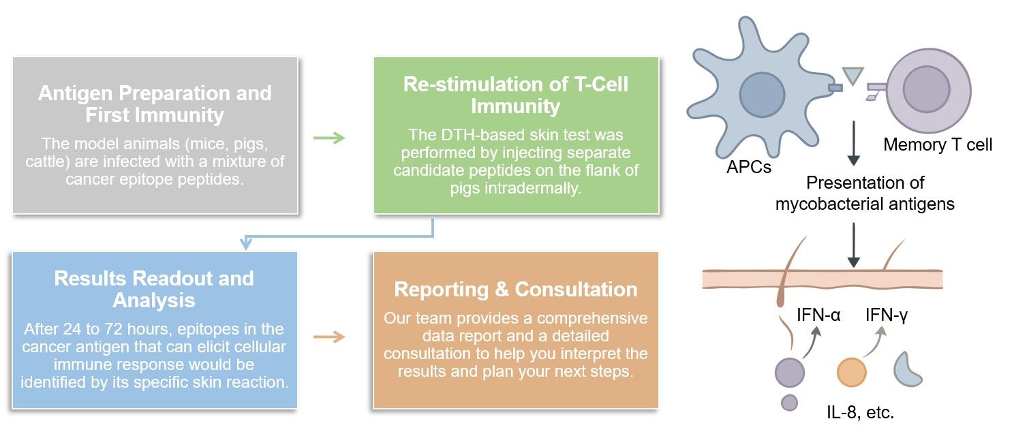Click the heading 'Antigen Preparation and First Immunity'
coord(155,104)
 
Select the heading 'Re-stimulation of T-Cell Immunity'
coord(516,95)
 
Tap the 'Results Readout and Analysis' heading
coord(154,289)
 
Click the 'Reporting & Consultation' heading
coord(516,289)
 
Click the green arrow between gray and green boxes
coord(328,138)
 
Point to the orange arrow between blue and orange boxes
coord(328,337)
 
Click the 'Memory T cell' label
coord(937,144)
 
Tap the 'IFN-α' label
coord(818,315)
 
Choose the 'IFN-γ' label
coord(887,315)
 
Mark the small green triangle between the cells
coord(853,75)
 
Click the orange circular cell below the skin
coord(851,373)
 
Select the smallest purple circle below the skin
coord(789,403)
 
